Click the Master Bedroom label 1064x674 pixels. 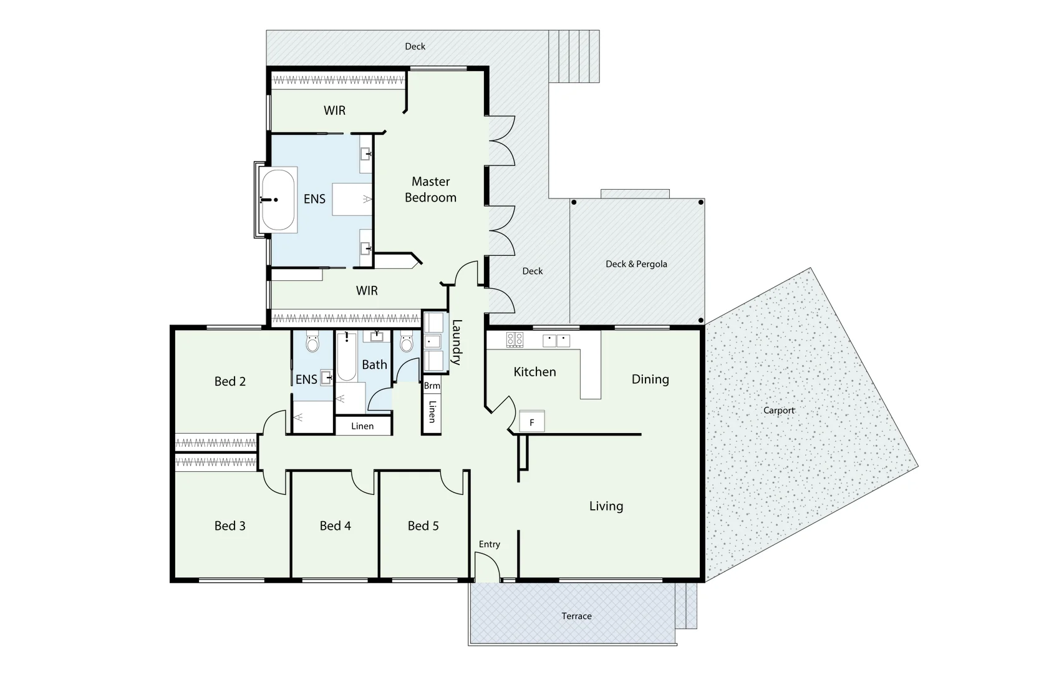430,189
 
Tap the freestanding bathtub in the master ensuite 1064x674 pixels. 278,200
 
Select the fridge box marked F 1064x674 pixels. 532,422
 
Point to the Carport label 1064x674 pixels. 779,410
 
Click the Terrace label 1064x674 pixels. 576,616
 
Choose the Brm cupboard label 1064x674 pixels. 432,386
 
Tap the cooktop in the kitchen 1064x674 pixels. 515,339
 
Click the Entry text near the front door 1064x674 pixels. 490,544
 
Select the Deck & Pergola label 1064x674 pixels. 636,264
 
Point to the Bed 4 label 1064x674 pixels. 335,526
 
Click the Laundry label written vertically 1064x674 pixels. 456,342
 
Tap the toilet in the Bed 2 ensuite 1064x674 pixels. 312,343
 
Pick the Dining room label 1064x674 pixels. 650,379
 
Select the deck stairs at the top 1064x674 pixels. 574,56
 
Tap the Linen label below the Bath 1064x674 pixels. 362,426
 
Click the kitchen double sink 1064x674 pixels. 556,340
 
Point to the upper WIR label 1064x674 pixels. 334,110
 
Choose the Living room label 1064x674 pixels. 606,506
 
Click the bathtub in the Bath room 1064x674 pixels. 346,359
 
